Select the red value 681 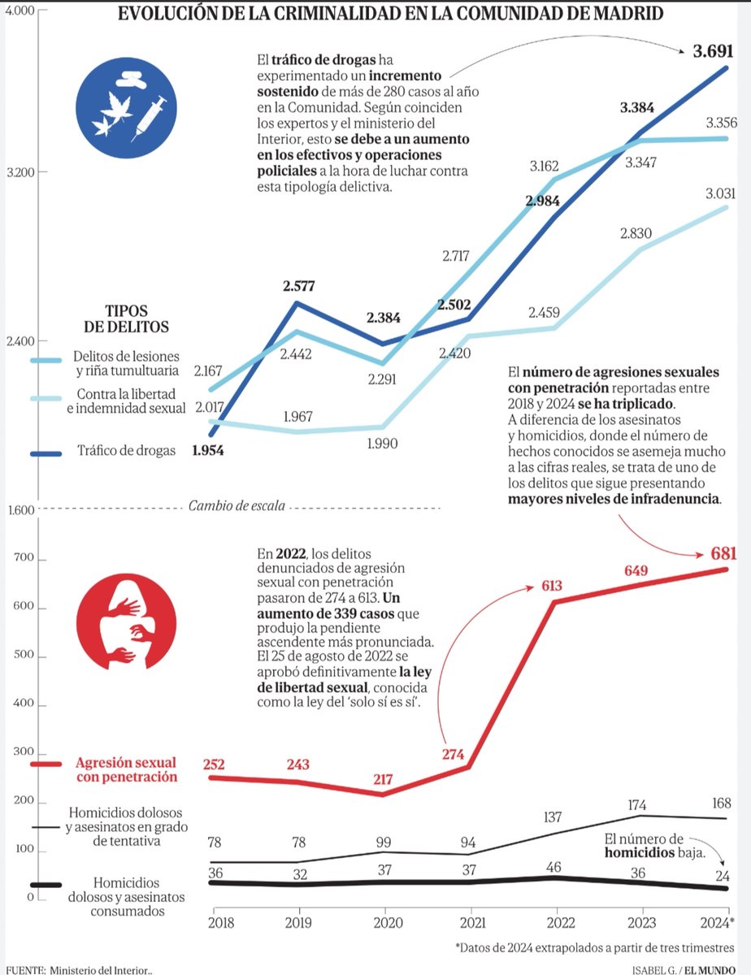pyautogui.click(x=722, y=554)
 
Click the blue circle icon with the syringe pyautogui.click(x=125, y=106)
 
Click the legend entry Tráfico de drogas pyautogui.click(x=125, y=451)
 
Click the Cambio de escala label pyautogui.click(x=237, y=507)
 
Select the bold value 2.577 pyautogui.click(x=299, y=286)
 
